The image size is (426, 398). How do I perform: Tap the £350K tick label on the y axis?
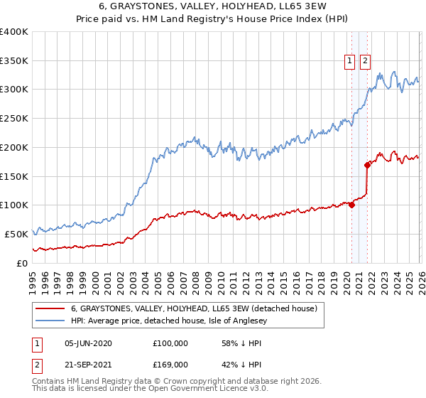[14, 60]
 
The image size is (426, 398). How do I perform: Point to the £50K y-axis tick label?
[16, 234]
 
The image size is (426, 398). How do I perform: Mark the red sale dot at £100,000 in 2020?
[351, 205]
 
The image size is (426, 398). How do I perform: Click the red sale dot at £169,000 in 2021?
[367, 165]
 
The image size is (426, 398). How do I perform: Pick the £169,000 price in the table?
[170, 364]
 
